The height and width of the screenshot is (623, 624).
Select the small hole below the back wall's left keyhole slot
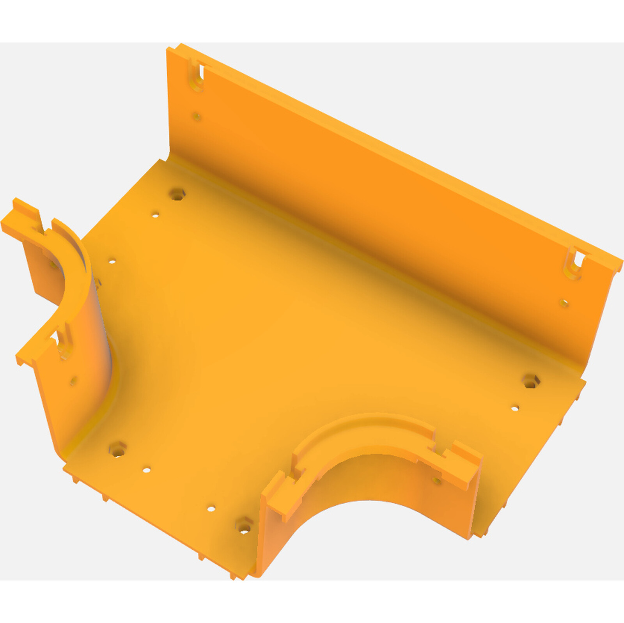click(197, 116)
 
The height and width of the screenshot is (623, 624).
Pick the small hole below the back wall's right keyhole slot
click(564, 303)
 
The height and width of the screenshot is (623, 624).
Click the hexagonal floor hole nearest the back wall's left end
click(177, 194)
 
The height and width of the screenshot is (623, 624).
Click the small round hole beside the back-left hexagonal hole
click(155, 215)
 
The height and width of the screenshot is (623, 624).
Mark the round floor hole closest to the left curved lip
click(112, 261)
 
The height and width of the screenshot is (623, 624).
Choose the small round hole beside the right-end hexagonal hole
click(515, 409)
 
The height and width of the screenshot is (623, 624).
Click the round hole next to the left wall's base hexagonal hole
click(146, 470)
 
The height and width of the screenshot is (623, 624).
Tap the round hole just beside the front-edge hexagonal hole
click(211, 508)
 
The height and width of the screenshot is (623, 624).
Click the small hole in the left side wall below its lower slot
click(74, 381)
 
